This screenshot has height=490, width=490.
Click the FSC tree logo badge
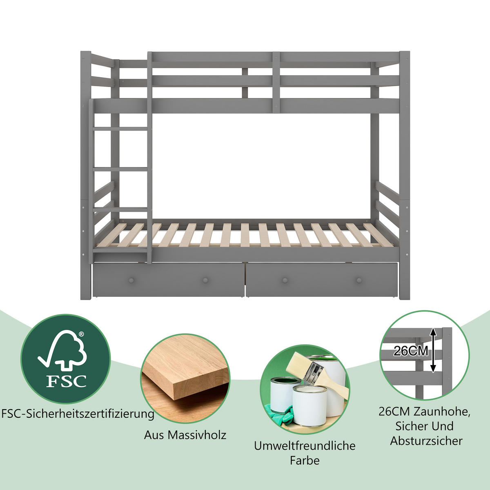click(66, 359)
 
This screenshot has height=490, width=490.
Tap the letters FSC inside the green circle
click(66, 381)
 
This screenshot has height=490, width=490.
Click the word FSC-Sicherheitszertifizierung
click(78, 414)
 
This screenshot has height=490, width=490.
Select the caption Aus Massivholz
click(185, 435)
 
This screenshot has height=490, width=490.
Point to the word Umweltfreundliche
click(305, 446)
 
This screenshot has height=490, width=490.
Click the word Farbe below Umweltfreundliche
click(305, 461)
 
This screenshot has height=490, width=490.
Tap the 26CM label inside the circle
click(411, 351)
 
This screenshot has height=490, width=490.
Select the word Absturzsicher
click(426, 441)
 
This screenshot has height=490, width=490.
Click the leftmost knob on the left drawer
click(131, 281)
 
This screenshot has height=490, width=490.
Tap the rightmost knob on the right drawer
click(359, 281)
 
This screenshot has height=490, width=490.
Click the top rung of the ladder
click(120, 129)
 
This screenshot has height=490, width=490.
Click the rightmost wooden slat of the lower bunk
click(378, 235)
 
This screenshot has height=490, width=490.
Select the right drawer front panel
click(322, 280)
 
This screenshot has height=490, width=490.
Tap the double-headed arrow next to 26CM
click(434, 350)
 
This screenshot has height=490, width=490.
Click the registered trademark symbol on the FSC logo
click(81, 334)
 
